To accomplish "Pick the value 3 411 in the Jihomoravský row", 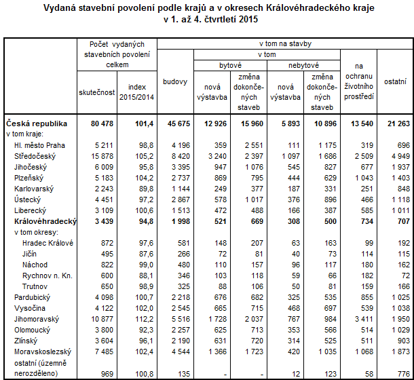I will [x=360, y=318].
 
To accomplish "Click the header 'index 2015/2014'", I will [x=136, y=92].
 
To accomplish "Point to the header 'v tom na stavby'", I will [x=285, y=44].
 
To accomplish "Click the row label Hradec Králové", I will [x=47, y=242].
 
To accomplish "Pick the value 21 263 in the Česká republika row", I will [x=395, y=124].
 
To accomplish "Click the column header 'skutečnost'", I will [x=96, y=92].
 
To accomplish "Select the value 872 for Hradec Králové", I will [x=106, y=242].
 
